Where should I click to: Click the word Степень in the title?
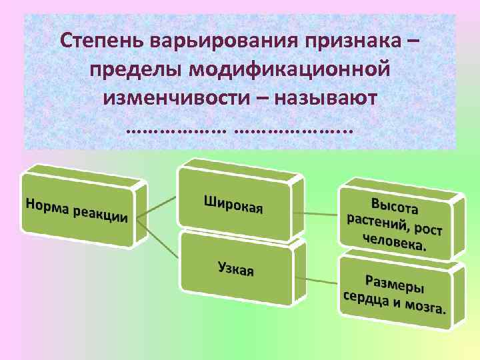click(99, 41)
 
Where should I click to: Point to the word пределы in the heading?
click(137, 69)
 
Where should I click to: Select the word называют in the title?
click(327, 97)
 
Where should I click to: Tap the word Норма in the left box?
click(47, 205)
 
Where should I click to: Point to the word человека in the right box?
click(393, 241)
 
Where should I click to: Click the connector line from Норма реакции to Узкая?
click(160, 242)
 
